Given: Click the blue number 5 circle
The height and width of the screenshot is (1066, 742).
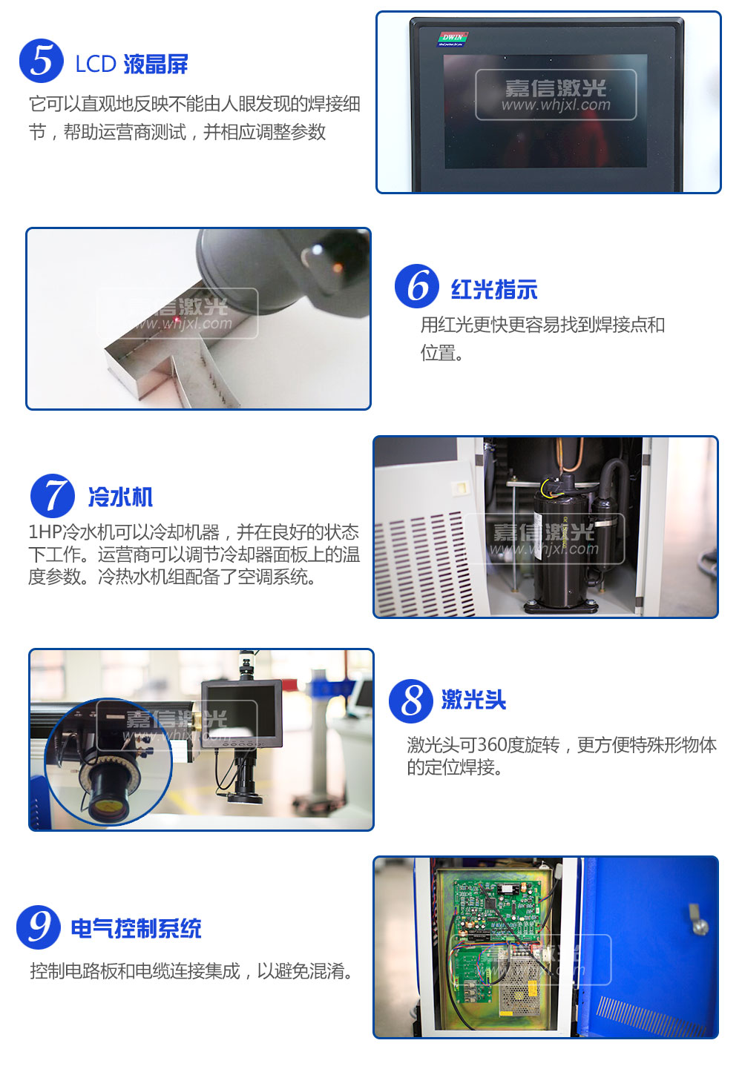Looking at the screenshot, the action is click(x=42, y=61).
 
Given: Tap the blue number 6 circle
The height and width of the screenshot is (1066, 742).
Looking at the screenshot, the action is click(x=417, y=286).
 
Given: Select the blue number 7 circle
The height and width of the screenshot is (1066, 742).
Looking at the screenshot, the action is click(x=53, y=496).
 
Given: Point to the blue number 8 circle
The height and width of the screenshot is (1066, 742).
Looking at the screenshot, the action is click(x=410, y=701).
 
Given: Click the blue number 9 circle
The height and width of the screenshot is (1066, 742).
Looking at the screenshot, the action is click(x=38, y=927).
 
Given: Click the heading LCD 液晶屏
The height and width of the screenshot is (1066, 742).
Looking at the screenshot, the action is click(x=132, y=64).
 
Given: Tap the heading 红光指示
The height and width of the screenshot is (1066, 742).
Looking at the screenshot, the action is click(x=494, y=289).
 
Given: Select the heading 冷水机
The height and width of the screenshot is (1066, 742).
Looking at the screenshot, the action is click(x=120, y=497).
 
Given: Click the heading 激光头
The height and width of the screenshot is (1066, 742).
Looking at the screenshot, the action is click(x=474, y=700).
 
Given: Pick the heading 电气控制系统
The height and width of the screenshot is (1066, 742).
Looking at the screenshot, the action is click(x=137, y=928).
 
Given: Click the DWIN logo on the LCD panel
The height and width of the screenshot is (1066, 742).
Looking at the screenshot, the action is click(x=453, y=39).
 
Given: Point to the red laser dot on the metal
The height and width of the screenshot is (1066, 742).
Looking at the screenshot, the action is click(x=176, y=318).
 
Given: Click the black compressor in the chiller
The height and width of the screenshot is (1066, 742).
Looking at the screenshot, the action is click(x=562, y=547).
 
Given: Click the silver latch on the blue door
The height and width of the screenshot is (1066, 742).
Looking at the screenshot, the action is click(x=698, y=919).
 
